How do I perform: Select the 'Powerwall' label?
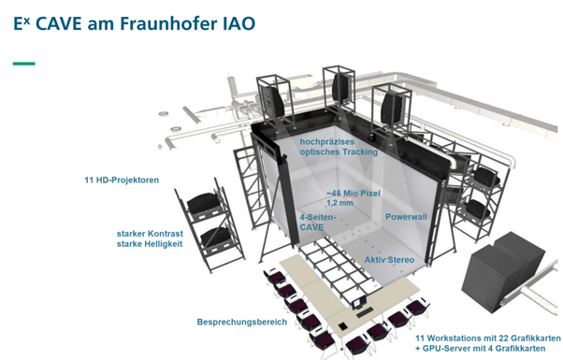406,216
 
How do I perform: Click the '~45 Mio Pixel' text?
327,191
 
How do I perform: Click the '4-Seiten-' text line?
318,217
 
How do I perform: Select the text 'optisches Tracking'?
339,152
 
